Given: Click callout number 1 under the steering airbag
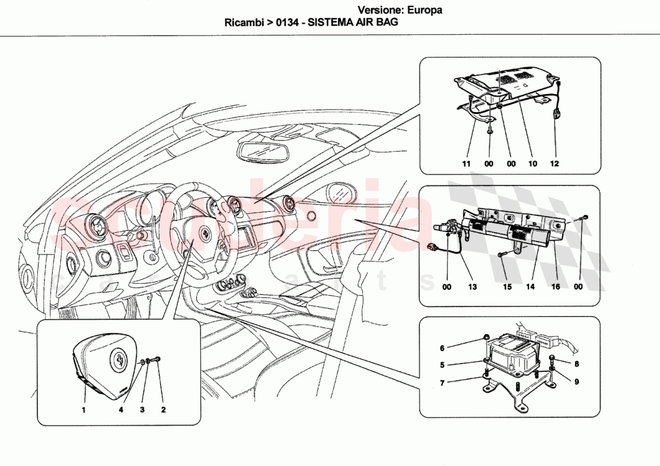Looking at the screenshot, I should (84, 410).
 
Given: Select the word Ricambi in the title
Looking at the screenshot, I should (243, 23).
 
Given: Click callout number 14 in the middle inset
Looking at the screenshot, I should (530, 287).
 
